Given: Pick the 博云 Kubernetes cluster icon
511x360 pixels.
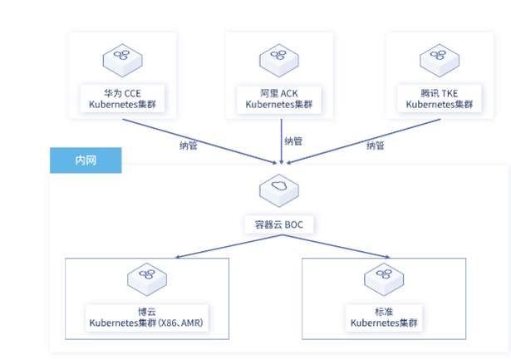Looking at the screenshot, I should pyautogui.click(x=146, y=280).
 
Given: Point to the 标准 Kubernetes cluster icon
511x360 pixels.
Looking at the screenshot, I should pyautogui.click(x=382, y=280).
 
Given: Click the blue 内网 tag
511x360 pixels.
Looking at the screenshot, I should pyautogui.click(x=86, y=160).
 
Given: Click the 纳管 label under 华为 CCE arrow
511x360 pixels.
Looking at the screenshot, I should pyautogui.click(x=189, y=145).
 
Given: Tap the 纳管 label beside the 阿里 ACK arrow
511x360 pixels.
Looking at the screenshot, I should pyautogui.click(x=294, y=141).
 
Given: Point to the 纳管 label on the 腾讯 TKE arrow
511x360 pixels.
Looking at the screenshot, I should pyautogui.click(x=375, y=145).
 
